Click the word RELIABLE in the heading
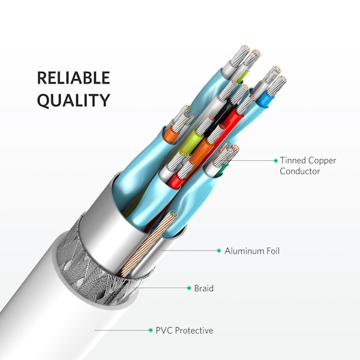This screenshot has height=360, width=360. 73,77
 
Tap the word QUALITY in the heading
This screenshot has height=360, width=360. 74,100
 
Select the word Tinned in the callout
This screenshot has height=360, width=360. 293,160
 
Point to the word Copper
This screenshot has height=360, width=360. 322,161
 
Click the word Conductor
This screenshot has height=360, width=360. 299,171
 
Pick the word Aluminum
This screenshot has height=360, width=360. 244,251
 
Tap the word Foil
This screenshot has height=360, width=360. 273,251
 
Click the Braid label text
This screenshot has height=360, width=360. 203,288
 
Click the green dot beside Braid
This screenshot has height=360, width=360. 189,288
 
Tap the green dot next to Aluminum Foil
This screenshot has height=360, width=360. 219,250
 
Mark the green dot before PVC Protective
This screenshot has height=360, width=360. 151,330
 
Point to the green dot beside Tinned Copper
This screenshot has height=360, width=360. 276,160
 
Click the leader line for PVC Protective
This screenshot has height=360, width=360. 122,331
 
